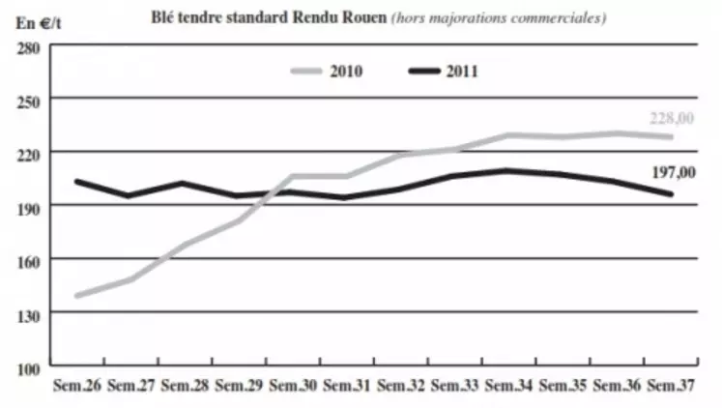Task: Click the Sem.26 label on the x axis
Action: [x=77, y=385]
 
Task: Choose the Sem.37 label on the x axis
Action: [x=669, y=385]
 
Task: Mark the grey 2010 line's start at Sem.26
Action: [x=77, y=295]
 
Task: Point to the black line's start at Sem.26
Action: [x=77, y=181]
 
